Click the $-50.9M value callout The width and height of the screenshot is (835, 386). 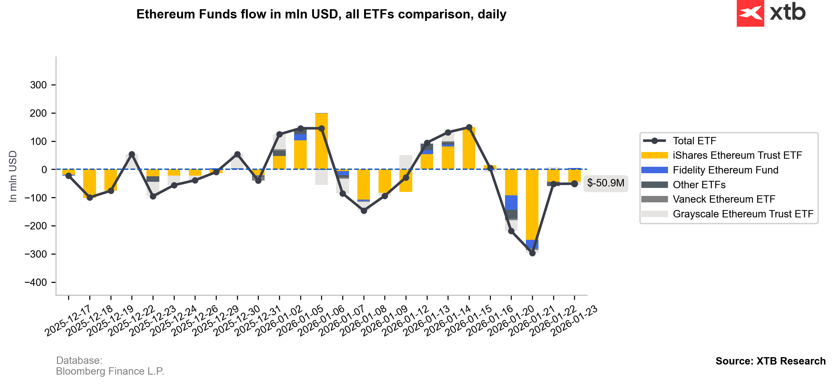pos(605,183)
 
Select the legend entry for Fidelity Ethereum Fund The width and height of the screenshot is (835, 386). pos(725,170)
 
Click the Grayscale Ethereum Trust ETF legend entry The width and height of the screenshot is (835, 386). pos(743,214)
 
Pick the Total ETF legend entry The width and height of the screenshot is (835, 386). pos(694,141)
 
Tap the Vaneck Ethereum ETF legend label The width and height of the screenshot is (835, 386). pos(724,199)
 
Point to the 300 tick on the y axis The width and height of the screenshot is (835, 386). pos(38,85)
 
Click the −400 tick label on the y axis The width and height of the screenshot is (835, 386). pos(35,283)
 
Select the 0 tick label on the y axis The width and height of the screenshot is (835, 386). pos(44,170)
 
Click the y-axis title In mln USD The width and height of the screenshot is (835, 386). pos(13,177)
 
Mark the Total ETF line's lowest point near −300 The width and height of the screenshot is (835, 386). pos(532,253)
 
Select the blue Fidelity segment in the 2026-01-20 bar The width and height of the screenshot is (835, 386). pos(532,244)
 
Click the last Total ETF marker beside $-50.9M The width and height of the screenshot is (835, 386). pos(574,184)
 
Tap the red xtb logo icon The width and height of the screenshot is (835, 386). pos(750,13)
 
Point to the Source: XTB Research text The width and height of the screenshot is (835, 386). pos(770,361)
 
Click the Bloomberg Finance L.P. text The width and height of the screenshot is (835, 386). pos(110,371)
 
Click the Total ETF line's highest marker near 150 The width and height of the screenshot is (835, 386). pos(469,127)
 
